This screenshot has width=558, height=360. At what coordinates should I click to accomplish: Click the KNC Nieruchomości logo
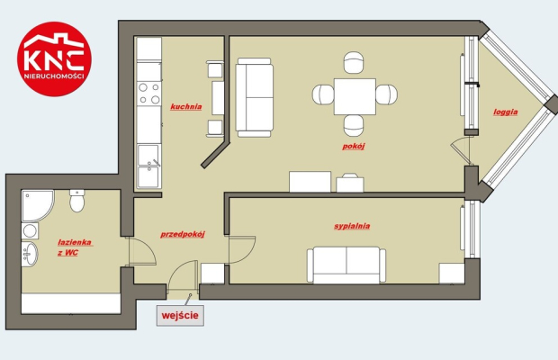pos(54,59)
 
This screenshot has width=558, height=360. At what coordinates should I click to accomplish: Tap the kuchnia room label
pos(186,107)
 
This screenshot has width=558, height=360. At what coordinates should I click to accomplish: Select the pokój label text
pos(354,146)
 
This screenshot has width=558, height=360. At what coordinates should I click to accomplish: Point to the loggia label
pos(505,112)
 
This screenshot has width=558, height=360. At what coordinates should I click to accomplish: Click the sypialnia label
pos(352,226)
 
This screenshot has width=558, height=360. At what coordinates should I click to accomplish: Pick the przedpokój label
pos(183,234)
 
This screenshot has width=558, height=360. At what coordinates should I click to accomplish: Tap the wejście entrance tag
pos(180,316)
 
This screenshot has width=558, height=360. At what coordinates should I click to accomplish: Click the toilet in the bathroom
pos(76,201)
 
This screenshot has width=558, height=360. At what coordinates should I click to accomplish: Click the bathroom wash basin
pos(30,254)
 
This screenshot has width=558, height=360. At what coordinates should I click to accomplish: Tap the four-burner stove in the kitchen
pos(149,94)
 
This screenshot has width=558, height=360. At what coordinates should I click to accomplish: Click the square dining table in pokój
pos(355,97)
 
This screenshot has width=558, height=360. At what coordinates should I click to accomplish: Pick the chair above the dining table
pos(354,63)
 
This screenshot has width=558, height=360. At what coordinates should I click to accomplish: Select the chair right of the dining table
pos(386,94)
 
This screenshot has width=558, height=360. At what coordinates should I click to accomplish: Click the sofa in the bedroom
pos(346,265)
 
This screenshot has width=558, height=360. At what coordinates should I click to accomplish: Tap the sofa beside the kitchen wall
pos(255,97)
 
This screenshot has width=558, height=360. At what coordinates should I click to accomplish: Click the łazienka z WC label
pos(75,247)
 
